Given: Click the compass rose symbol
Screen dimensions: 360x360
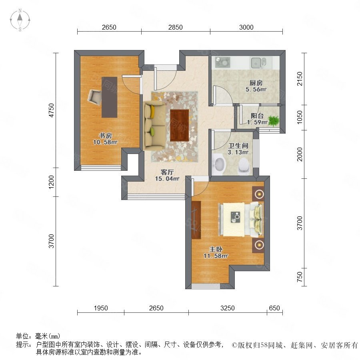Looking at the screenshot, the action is pos(20,20).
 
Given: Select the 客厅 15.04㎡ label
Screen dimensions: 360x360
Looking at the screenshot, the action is pos(167,175).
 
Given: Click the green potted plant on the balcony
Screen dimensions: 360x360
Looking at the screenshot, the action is pos(274,121).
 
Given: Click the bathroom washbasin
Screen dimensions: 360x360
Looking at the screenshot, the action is pos(219,164).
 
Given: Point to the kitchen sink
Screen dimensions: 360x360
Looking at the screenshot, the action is pos(258,63).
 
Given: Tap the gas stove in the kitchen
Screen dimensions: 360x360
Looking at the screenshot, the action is pos(222,62).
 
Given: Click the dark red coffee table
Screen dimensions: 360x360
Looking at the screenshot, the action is pos(179,125).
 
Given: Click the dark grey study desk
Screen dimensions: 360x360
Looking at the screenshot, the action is pos(109,97).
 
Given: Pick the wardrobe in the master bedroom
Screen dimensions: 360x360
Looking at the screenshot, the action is pos(196,220).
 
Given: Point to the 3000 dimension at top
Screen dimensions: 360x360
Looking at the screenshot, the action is pos(246,27).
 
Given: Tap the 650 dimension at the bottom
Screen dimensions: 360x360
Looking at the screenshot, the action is pos(274,308).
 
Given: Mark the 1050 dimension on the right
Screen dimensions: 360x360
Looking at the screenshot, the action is pos(300,117).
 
